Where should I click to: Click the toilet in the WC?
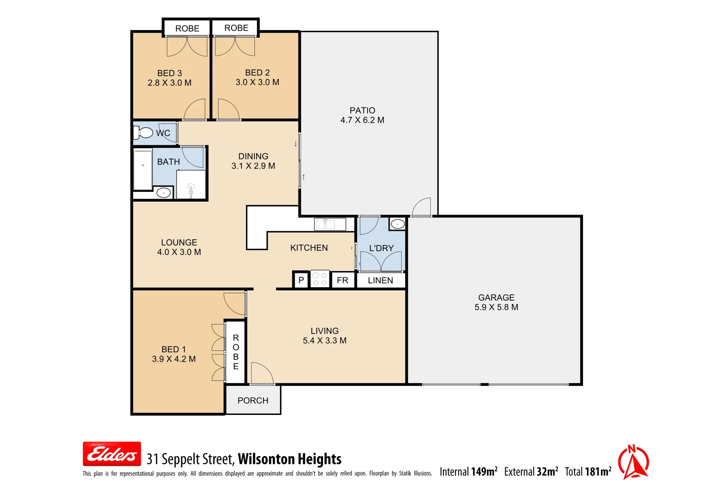(144, 133)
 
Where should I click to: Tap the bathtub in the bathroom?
(143, 170)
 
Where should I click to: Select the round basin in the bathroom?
(163, 193)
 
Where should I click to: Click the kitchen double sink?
(330, 224)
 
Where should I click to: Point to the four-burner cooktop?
(320, 279)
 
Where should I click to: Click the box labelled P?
(301, 280)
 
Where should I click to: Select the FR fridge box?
(342, 280)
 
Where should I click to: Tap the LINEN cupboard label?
(380, 281)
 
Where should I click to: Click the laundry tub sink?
(397, 223)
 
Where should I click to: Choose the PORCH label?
(253, 401)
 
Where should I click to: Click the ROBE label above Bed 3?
(187, 28)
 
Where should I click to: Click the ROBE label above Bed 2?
(236, 28)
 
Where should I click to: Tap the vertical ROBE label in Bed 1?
(236, 352)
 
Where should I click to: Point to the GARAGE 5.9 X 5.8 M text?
(496, 302)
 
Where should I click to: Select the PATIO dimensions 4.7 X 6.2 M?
(362, 120)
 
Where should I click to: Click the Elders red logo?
(112, 454)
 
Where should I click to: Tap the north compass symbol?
(633, 462)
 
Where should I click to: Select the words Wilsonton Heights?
(289, 459)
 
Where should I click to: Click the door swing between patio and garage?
(422, 207)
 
